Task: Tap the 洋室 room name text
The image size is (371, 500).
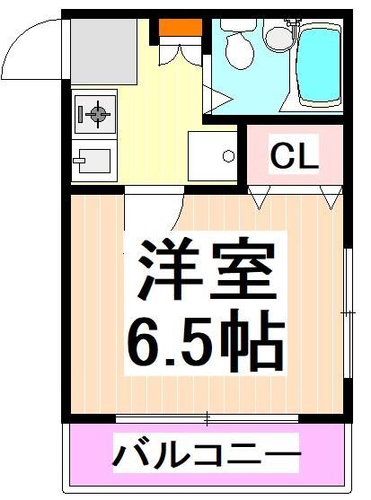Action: click(206, 268)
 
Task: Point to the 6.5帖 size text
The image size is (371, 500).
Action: click(205, 341)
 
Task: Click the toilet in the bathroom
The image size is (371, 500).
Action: click(240, 50)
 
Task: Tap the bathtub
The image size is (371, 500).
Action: click(320, 65)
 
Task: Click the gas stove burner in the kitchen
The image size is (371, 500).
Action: click(96, 113)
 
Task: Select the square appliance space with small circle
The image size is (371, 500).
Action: click(212, 155)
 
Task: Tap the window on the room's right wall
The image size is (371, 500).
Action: click(347, 311)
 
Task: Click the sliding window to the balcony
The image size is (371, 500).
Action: click(206, 417)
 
